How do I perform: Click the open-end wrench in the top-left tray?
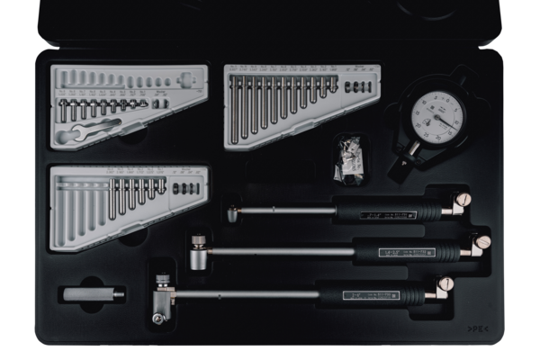[x=74, y=133]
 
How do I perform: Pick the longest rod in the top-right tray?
[x=236, y=107]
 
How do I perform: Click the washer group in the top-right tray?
[x=355, y=87]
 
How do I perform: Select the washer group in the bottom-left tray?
[x=185, y=189]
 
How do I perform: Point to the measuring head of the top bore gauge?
[x=234, y=213]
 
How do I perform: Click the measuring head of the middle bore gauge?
[x=198, y=253]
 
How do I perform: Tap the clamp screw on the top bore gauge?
[x=463, y=201]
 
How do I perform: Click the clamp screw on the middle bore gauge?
[x=483, y=242]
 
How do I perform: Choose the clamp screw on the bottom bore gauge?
[x=445, y=284]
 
